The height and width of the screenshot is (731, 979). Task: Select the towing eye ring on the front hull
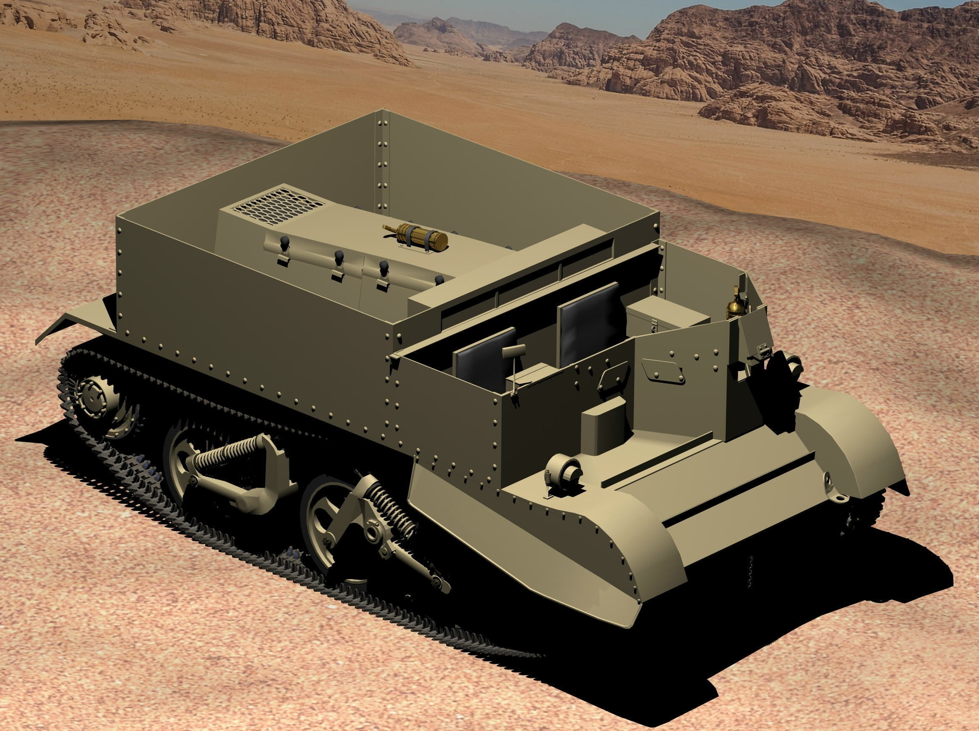pyautogui.click(x=832, y=492)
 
